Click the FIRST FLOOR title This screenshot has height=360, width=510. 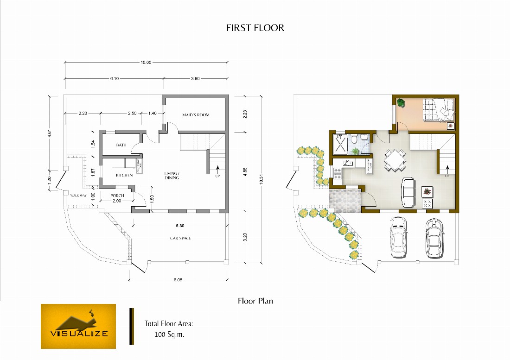point(255,28)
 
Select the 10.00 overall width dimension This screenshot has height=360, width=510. point(146,63)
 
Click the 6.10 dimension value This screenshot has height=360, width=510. point(115,79)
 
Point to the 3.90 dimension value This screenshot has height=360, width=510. point(195,79)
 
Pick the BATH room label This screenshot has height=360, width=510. point(121,145)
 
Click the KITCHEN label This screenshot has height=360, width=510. point(124,175)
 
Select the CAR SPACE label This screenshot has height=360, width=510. point(180,238)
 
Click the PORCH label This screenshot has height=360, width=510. point(117,196)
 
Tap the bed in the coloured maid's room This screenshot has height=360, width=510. point(438,110)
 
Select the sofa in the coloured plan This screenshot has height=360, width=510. point(408,192)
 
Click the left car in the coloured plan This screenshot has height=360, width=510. point(398,237)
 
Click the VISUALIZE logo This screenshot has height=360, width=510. point(78,326)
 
